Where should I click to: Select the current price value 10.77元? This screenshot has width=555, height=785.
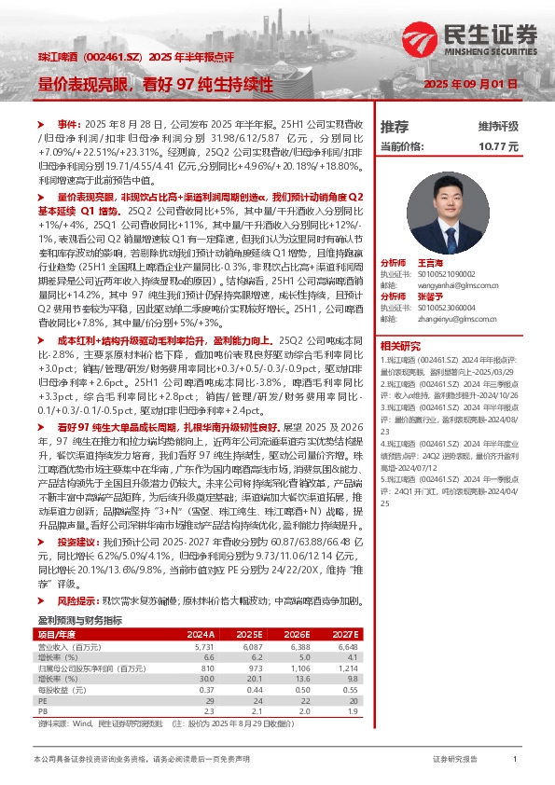coord(498,146)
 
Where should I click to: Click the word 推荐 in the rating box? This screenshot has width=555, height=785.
coord(395,125)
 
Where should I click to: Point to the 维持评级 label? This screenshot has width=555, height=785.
coord(498,125)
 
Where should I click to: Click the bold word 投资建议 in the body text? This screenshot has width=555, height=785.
coord(76,541)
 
